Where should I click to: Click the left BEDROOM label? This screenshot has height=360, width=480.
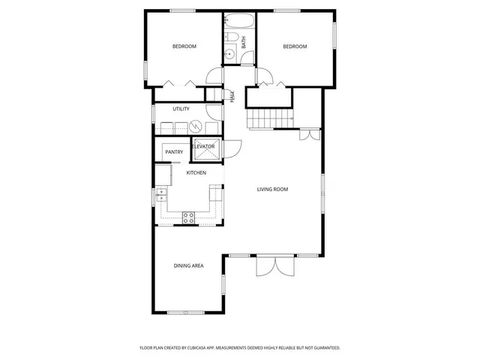[x=184, y=46]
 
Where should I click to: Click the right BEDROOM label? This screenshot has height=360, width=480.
[x=295, y=46]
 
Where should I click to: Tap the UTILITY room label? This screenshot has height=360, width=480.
[x=181, y=109]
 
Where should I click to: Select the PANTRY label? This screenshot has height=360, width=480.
[x=174, y=151]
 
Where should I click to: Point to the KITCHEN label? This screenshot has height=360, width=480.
[x=196, y=173]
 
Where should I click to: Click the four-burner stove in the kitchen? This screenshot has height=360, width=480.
[x=189, y=217]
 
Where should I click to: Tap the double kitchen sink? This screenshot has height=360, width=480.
[x=161, y=196]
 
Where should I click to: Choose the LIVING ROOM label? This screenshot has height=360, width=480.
[x=273, y=189]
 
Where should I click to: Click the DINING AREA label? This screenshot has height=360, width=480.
[x=188, y=265]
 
